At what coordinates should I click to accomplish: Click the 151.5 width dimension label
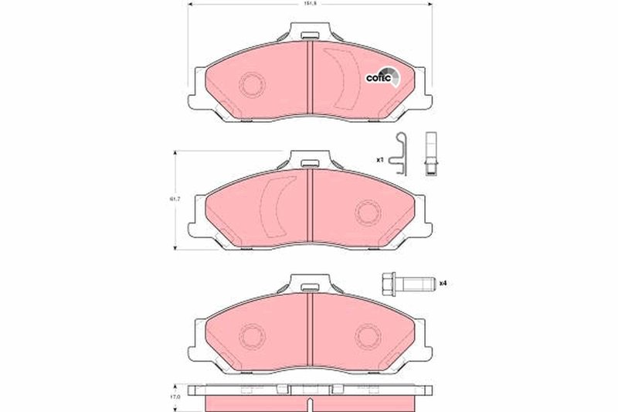click(x=308, y=3)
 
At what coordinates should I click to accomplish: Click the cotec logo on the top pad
click(x=382, y=77)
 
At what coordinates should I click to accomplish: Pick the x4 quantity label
click(x=443, y=284)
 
